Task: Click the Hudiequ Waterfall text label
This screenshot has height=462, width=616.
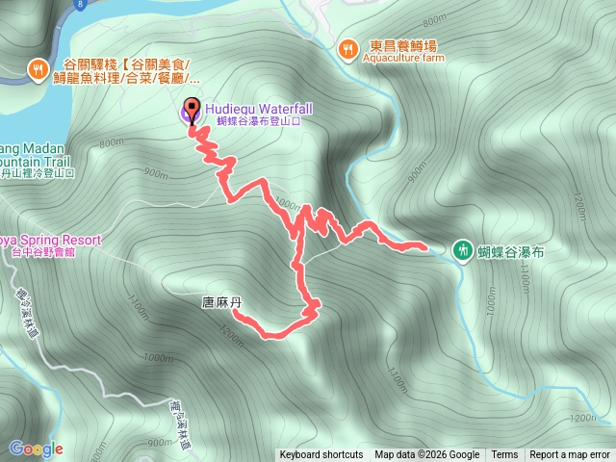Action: [x=244, y=110]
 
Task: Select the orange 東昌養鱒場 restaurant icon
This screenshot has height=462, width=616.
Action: [x=347, y=46]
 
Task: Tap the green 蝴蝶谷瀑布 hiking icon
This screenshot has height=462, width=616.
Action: [x=462, y=250]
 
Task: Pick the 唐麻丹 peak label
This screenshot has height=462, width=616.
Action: [x=220, y=302]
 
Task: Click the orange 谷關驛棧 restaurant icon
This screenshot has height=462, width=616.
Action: [x=38, y=68]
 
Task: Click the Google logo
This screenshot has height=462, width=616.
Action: [x=36, y=449]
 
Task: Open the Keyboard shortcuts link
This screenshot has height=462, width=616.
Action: [x=321, y=455]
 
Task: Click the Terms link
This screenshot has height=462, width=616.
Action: [x=504, y=455]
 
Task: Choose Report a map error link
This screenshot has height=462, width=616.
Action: [x=571, y=455]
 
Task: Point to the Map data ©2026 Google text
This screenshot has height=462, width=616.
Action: [x=426, y=455]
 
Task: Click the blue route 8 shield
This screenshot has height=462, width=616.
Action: [x=77, y=4]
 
